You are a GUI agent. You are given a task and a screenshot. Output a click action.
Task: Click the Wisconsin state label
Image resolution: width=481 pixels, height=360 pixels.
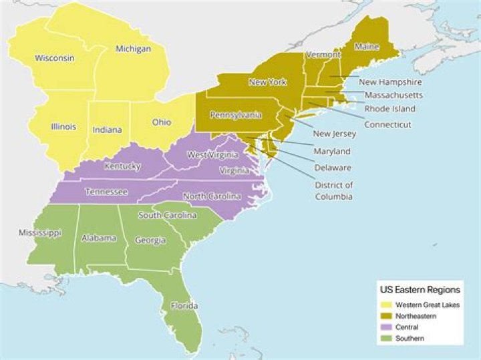click(x=55, y=58)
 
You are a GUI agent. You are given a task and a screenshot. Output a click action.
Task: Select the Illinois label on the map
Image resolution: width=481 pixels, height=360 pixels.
click(x=63, y=127)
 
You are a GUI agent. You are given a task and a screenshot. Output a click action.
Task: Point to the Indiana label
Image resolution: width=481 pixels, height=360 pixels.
click(x=107, y=130)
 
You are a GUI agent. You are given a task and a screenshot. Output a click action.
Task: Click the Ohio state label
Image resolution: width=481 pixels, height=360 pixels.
click(x=161, y=122)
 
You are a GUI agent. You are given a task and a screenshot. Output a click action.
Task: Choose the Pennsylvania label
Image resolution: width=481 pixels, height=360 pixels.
click(x=234, y=115)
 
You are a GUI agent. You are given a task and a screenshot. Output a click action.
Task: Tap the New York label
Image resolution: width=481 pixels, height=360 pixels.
click(x=267, y=82)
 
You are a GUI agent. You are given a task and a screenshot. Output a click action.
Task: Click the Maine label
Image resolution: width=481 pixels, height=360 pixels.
click(x=367, y=47)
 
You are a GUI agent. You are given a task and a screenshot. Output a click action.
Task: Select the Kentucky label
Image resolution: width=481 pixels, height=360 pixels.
click(x=122, y=166)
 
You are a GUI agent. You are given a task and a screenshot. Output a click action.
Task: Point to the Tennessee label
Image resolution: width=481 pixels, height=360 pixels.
click(x=107, y=192)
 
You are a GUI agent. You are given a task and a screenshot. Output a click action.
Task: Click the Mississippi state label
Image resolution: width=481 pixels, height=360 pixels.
click(x=40, y=233)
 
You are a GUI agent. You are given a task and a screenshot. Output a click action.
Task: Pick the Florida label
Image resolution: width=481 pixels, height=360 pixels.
click(x=184, y=306)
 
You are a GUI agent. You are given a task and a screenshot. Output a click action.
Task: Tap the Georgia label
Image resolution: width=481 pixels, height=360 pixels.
click(x=150, y=240)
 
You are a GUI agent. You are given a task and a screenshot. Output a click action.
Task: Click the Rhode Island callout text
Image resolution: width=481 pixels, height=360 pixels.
click(x=389, y=108)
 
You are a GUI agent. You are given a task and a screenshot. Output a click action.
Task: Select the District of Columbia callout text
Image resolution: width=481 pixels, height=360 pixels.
click(x=334, y=190)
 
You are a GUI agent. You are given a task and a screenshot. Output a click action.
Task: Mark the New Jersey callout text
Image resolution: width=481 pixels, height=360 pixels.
click(x=335, y=134)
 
